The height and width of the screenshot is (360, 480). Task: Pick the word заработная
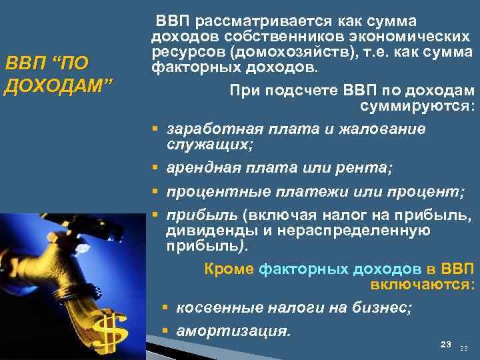click(x=207, y=128)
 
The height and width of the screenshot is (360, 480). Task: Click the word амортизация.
click(x=233, y=330)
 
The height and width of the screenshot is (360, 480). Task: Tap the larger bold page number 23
click(x=446, y=344)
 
